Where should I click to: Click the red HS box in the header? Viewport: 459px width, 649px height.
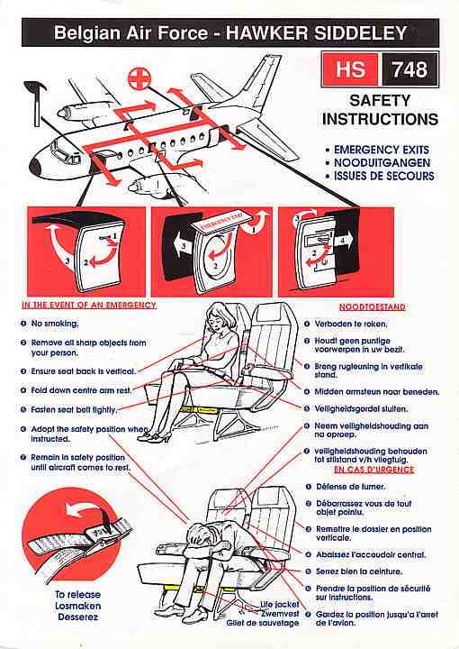(350, 69)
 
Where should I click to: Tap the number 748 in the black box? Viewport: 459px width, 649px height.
(409, 69)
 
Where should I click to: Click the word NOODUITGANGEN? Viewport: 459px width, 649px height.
(382, 162)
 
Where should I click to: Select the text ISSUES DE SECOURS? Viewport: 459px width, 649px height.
(383, 176)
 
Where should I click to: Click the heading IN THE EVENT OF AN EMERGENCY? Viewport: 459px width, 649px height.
(89, 305)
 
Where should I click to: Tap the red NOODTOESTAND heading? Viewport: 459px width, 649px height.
(373, 307)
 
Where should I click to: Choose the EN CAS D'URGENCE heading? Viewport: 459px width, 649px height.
(373, 470)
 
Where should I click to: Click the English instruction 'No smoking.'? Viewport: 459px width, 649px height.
(55, 324)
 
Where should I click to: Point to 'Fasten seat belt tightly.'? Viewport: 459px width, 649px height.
(74, 410)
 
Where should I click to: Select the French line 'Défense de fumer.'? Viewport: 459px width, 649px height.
(350, 487)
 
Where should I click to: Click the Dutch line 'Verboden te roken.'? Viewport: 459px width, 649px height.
(351, 324)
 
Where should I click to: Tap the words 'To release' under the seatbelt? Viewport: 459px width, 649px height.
(77, 595)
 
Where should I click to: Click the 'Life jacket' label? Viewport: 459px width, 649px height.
(280, 605)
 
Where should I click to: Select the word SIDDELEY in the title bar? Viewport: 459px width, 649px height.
(361, 33)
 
